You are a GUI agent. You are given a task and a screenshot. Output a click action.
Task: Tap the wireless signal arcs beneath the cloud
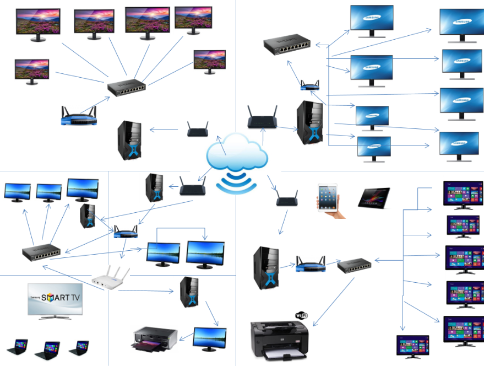(237, 182)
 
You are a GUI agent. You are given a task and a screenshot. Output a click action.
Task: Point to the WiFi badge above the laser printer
(302, 315)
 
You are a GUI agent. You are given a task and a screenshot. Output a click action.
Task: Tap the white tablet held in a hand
(329, 197)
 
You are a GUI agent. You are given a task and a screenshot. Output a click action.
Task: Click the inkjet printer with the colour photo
(155, 338)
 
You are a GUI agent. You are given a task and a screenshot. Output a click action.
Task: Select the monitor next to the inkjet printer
(209, 338)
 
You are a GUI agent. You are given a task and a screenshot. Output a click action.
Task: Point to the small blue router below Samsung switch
(310, 85)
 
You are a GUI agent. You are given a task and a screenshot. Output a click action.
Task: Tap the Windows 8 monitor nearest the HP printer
(412, 346)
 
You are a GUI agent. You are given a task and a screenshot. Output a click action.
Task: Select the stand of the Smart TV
(55, 317)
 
